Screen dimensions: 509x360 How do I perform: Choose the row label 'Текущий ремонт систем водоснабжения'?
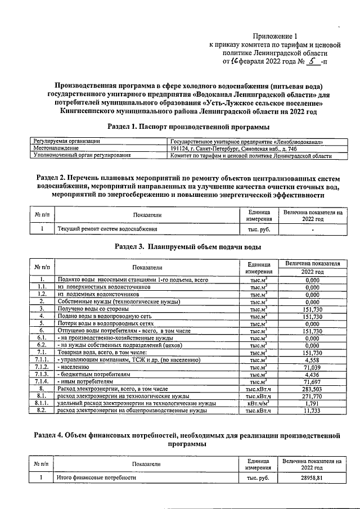[107, 229]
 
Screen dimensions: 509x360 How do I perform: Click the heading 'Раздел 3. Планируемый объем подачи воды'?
[187, 247]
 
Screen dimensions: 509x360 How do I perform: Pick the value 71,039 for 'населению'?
[312, 367]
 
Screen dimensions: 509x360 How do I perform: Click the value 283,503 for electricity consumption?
[312, 389]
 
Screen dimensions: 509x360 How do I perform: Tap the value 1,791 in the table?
[312, 403]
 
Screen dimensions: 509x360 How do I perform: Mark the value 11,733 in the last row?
[312, 411]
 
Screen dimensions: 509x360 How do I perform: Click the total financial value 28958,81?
[312, 478]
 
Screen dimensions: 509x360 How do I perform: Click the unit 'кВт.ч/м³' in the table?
[259, 403]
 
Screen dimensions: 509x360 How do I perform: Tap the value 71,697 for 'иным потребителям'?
[312, 381]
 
